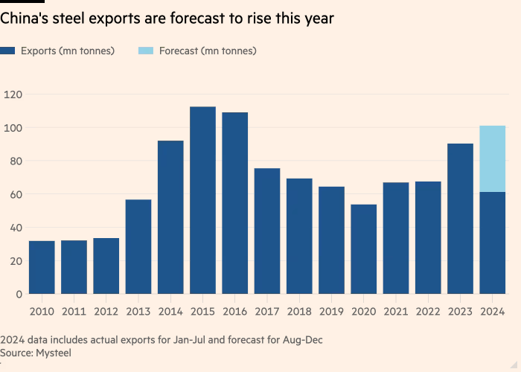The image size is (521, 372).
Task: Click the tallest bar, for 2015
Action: tap(202, 201)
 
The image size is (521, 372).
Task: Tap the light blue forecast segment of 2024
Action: tap(493, 158)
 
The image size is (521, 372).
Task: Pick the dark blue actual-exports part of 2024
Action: tap(493, 243)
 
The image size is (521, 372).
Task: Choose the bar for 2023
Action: tap(460, 219)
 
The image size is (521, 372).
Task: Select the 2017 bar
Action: tap(267, 231)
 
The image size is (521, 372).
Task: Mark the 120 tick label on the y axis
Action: tap(14, 94)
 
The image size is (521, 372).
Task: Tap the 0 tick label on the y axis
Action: tap(20, 294)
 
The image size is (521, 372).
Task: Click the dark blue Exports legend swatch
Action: tap(8, 51)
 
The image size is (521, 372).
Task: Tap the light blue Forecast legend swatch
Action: tap(147, 51)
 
